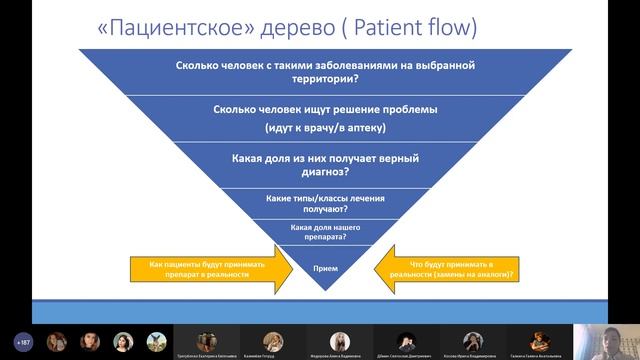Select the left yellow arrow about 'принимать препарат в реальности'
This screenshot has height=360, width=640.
pyautogui.click(x=204, y=267)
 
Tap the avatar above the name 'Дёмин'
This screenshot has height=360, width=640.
pyautogui.click(x=405, y=339)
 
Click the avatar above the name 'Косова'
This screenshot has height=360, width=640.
pyautogui.click(x=472, y=339)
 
